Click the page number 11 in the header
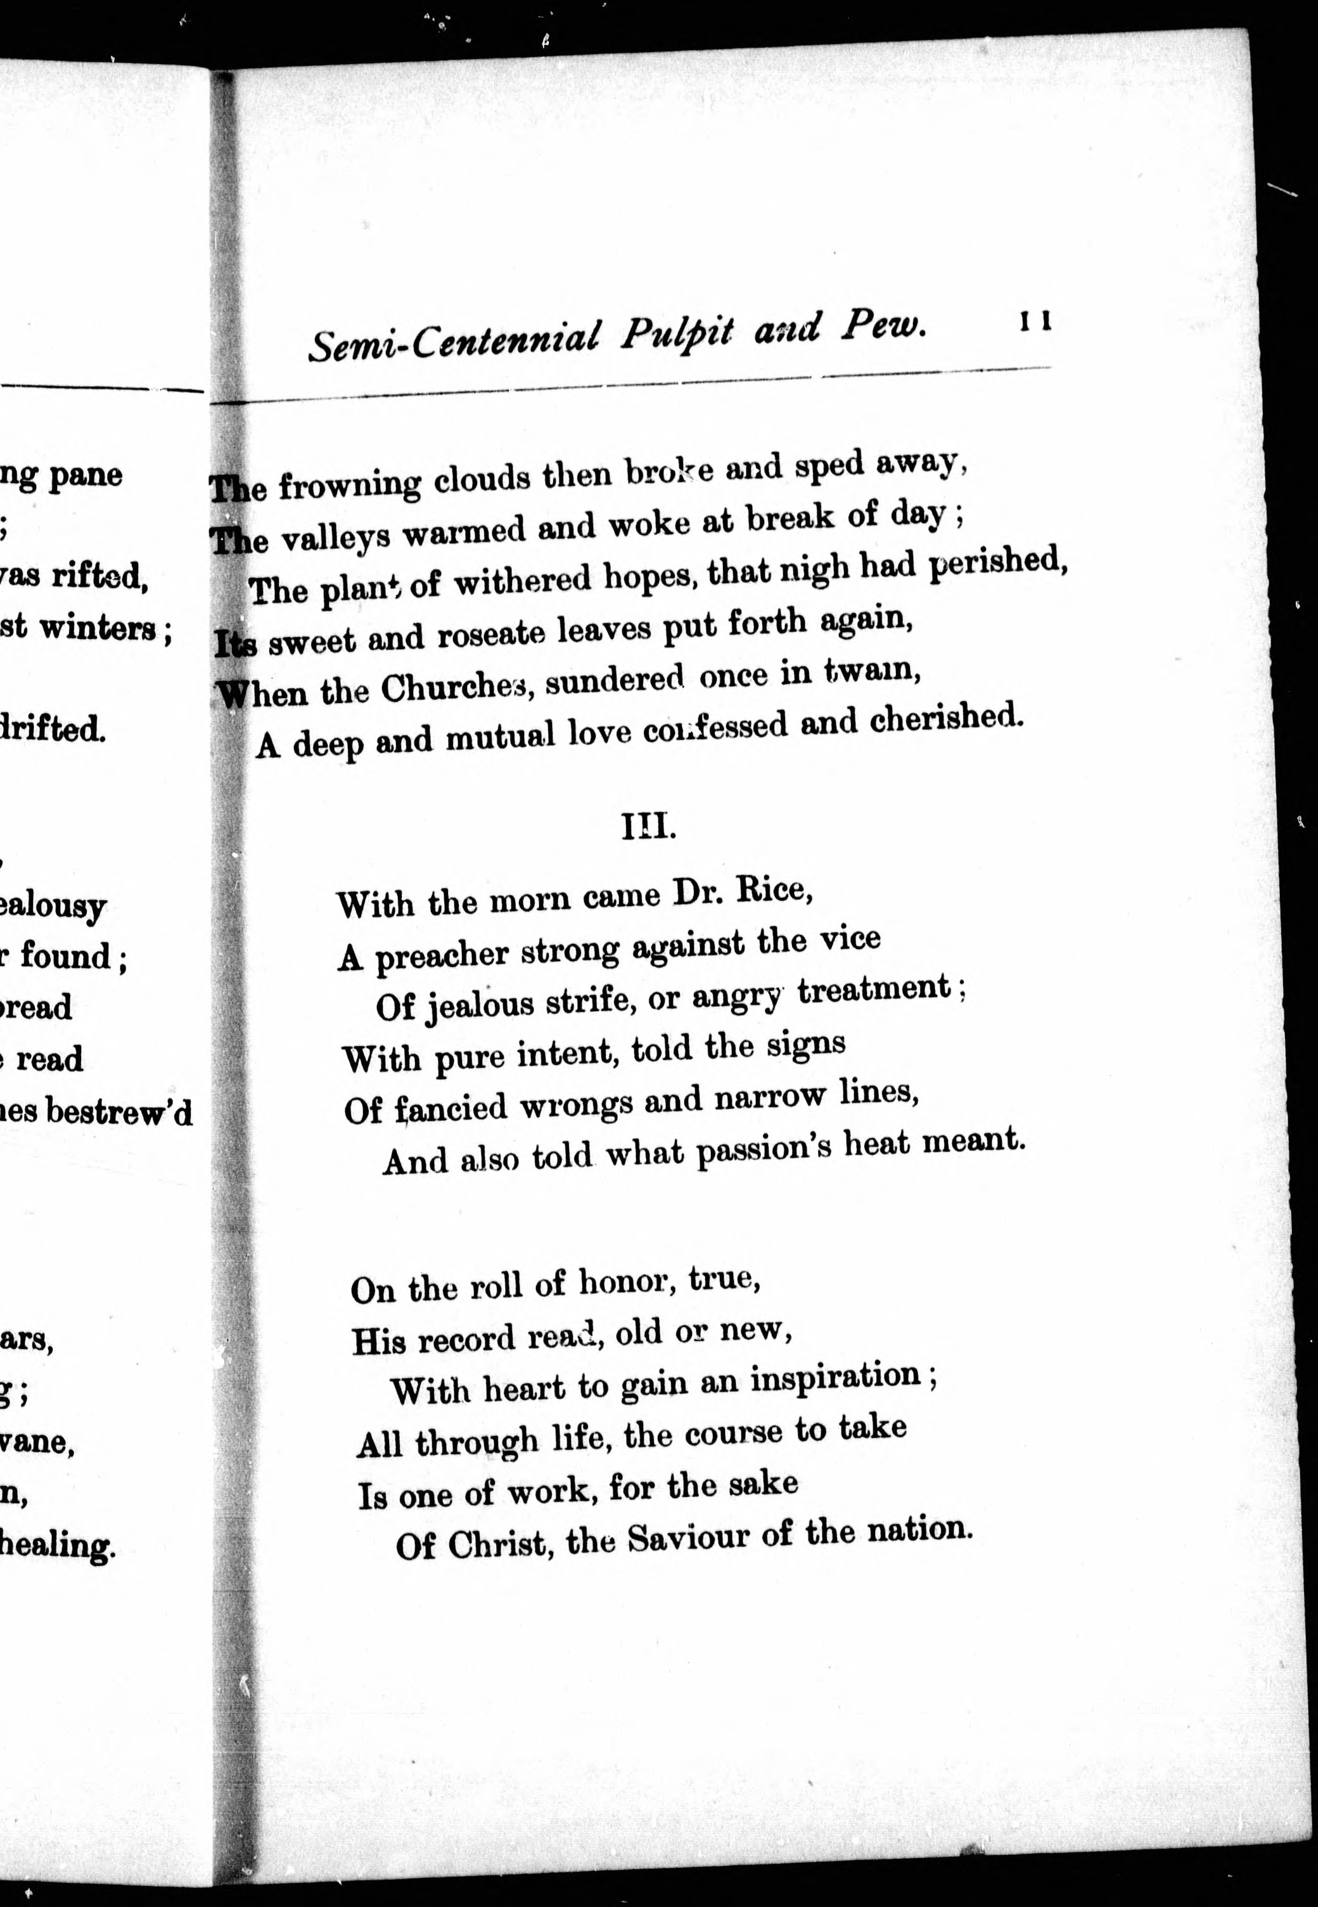pos(1035,321)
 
